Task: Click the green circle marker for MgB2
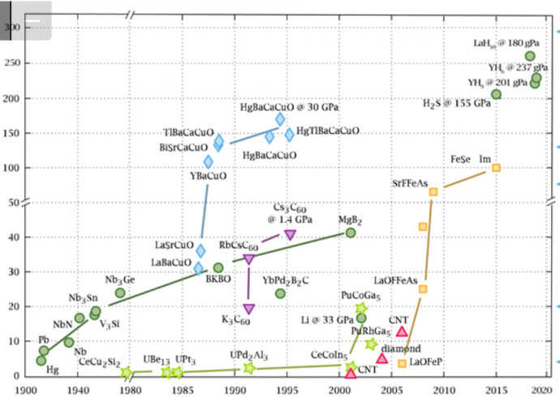coord(351,233)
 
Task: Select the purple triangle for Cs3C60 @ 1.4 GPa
coord(290,235)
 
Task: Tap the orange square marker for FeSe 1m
coord(496,168)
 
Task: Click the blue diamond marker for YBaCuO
coord(209,162)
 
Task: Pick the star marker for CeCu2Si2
coord(127,373)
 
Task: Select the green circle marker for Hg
coord(41,361)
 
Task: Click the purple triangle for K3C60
coord(249,309)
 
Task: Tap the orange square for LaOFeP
coord(402,363)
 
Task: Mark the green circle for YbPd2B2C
coord(280,293)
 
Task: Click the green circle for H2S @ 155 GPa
coord(496,95)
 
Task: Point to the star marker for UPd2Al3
coord(249,368)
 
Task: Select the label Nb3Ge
coord(120,279)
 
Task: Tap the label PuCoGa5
coord(361,295)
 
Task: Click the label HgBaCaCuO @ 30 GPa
coord(290,106)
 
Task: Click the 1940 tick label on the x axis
coord(79,390)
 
